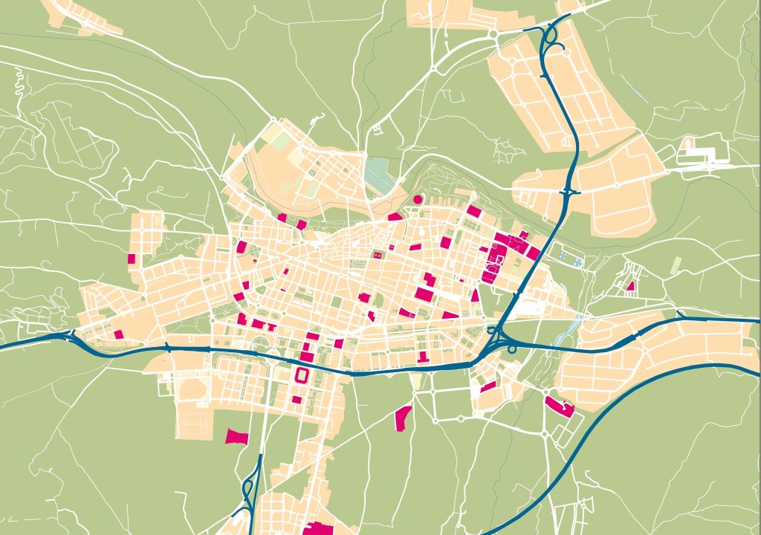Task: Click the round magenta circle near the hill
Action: (418, 199)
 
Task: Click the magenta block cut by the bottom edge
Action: (319, 528)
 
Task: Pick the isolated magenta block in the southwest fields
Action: (237, 436)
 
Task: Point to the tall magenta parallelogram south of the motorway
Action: (402, 418)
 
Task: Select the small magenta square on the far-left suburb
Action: (132, 259)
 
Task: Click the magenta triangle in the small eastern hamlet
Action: (630, 285)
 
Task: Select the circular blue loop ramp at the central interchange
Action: (512, 348)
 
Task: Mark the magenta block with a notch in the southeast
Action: (560, 406)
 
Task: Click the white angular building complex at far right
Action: (699, 154)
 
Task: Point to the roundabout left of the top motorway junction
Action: (492, 33)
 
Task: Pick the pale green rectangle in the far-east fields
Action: (676, 264)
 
